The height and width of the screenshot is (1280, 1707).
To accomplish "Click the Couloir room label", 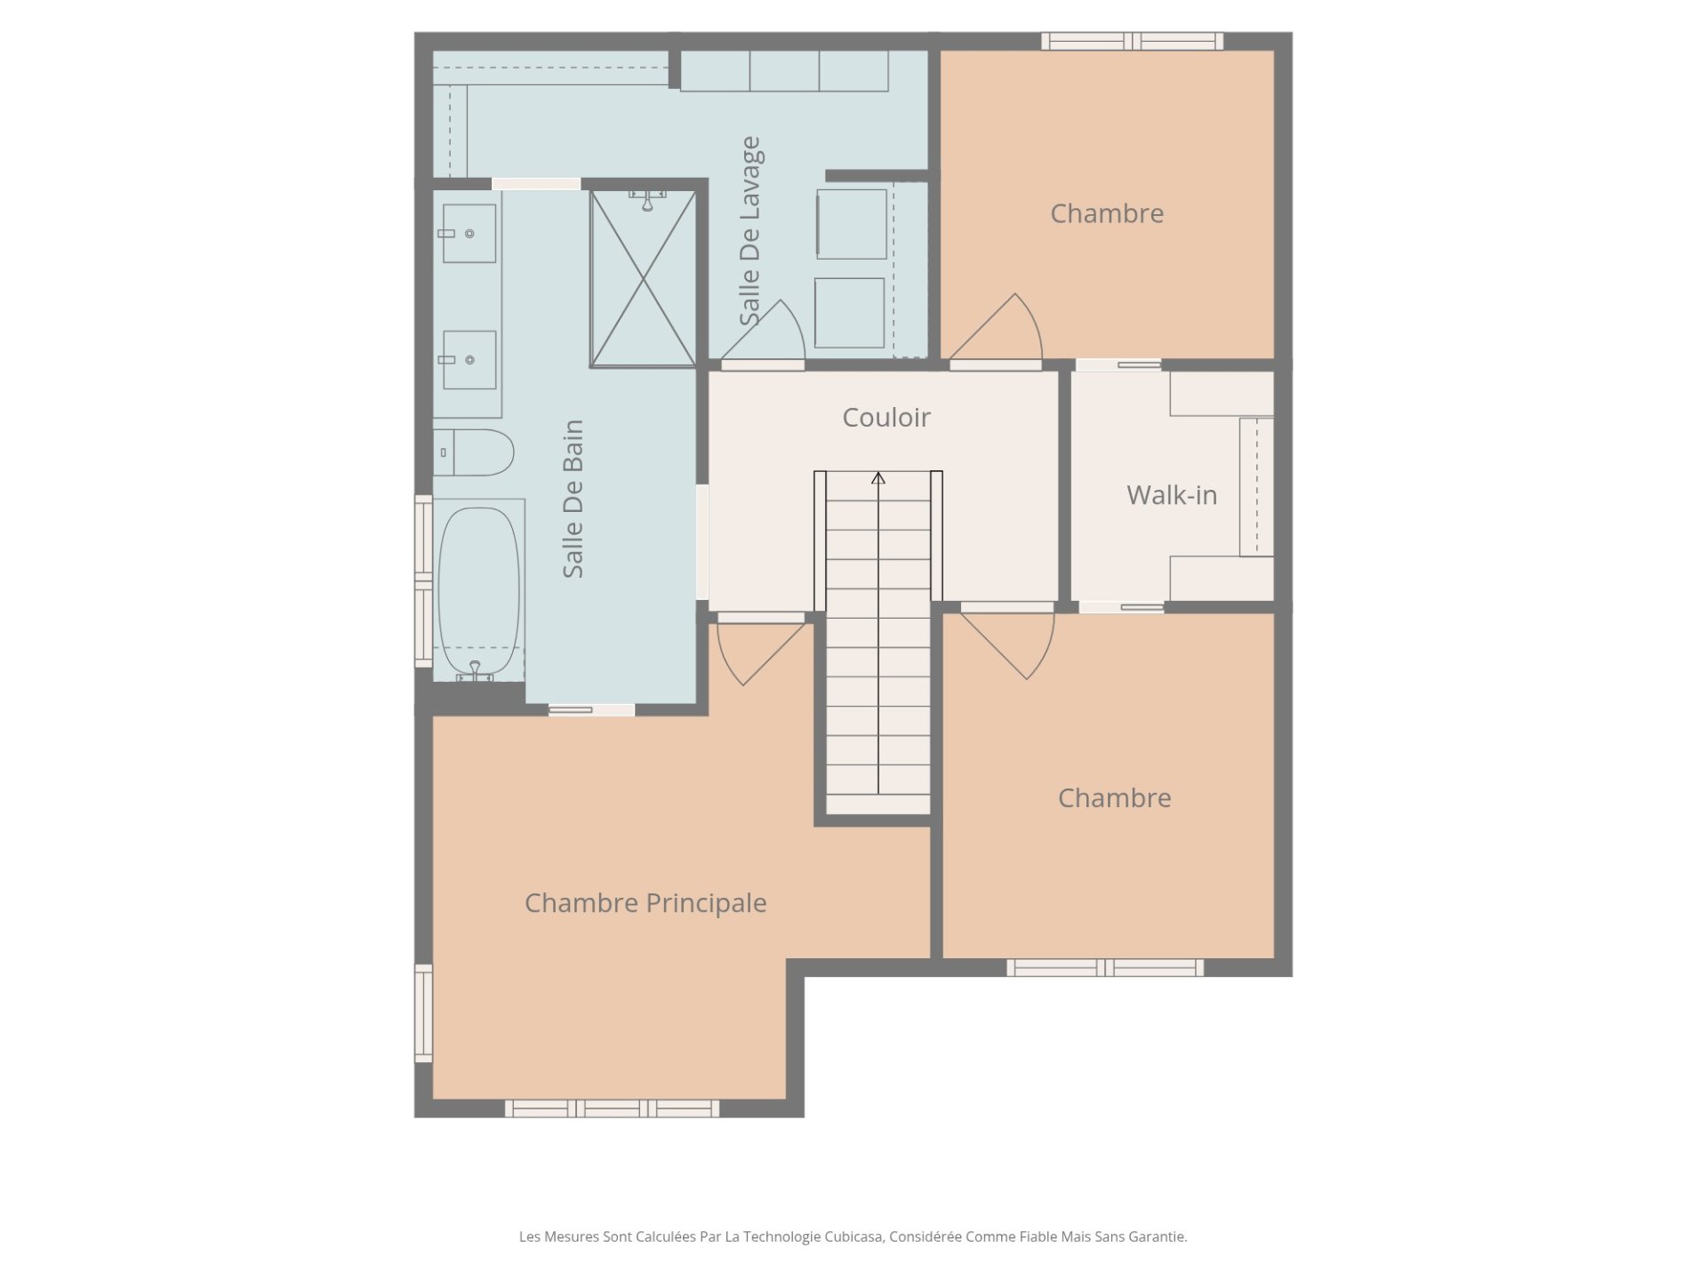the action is coord(886,417).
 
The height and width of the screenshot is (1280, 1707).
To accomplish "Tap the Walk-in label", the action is coord(1172,495).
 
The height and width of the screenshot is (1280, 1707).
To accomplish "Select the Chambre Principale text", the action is coord(645,903).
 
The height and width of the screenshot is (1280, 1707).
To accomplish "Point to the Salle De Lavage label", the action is coord(749,231).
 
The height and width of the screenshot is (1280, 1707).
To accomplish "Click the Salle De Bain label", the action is coord(573,499).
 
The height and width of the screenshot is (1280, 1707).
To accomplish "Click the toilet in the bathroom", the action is coord(474,452).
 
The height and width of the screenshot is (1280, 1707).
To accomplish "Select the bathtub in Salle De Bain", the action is coord(478,590).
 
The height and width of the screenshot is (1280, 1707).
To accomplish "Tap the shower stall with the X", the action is coord(643,278).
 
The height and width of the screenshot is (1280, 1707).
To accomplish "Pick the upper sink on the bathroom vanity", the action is coord(469,233).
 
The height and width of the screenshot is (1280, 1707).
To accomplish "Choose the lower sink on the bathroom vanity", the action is coord(469,360).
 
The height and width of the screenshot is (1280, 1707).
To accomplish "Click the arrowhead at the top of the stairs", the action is coord(878,478).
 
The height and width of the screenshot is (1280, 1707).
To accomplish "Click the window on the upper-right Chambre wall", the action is coord(1132,41).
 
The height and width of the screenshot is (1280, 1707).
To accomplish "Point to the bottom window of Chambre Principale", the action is coord(612,1108).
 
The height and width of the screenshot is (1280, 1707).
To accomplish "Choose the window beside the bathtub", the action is coord(424,581).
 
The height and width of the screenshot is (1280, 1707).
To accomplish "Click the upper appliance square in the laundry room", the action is coord(852,224).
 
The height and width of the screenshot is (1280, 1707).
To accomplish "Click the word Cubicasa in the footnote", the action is coord(854,1236).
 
